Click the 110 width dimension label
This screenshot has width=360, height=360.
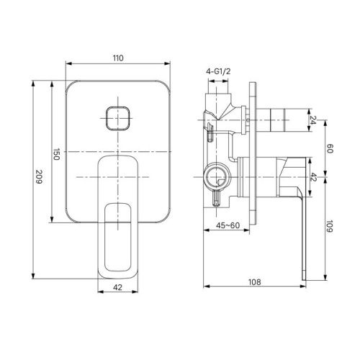point(118,58)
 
